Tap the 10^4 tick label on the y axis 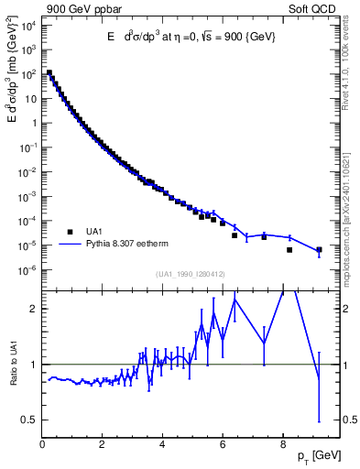click(x=27, y=24)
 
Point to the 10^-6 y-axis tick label click(x=27, y=269)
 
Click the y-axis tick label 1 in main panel click(x=31, y=122)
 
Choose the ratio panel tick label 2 click(x=32, y=309)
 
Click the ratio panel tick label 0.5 click(x=28, y=420)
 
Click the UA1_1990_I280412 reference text click(x=191, y=274)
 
